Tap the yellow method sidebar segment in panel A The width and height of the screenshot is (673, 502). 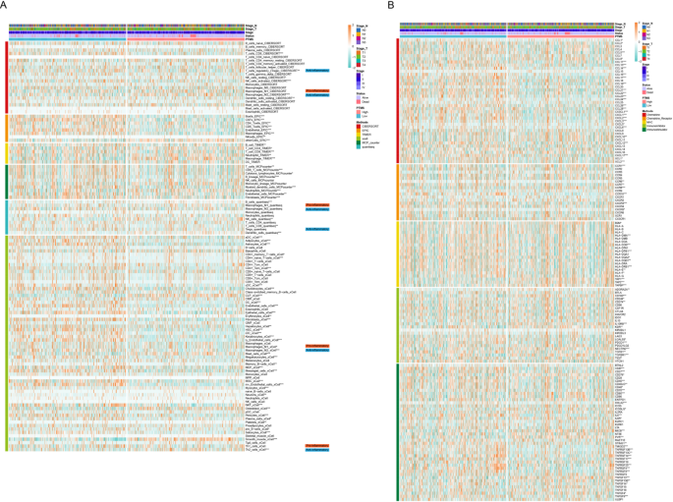tap(8, 152)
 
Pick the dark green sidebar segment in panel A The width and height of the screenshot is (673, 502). tap(8, 182)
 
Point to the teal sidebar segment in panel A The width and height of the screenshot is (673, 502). tap(8, 217)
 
